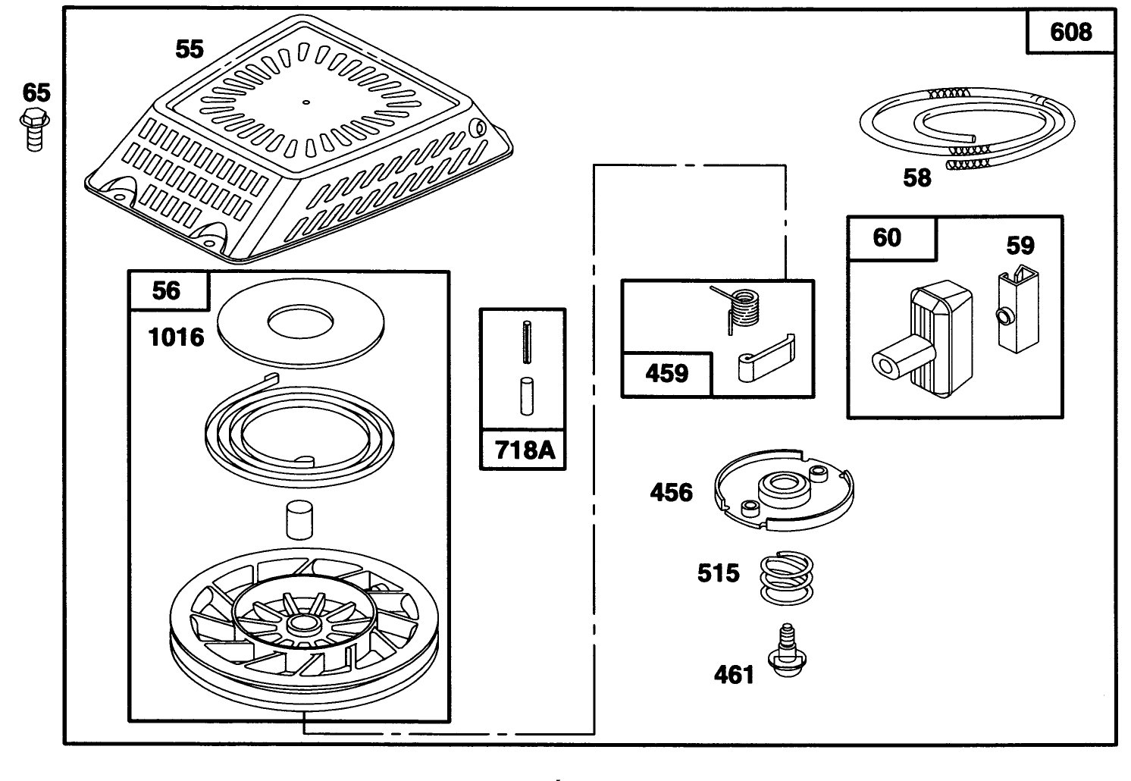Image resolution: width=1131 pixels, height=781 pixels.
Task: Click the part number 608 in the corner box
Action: (x=1071, y=32)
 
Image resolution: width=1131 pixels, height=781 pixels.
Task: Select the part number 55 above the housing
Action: (x=190, y=49)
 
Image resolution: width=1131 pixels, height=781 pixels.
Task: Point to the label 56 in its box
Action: (x=168, y=291)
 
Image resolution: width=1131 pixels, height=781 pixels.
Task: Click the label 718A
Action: (x=524, y=450)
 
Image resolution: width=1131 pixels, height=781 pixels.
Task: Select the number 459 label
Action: (x=666, y=374)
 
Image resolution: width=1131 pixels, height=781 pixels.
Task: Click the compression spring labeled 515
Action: (x=786, y=578)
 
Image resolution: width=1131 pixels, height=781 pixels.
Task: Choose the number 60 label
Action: (x=887, y=237)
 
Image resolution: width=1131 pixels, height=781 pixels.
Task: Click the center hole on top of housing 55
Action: (x=305, y=102)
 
